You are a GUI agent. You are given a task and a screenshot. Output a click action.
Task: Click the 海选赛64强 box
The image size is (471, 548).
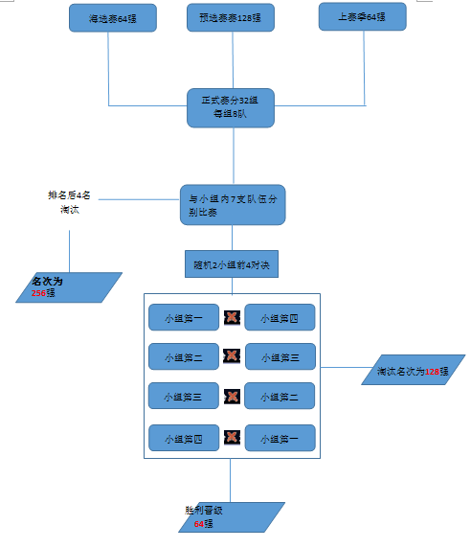coord(113,17)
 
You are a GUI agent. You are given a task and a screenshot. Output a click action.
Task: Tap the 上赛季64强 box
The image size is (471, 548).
coord(362,16)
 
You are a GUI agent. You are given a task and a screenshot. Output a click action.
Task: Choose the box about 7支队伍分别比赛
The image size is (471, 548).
coord(233,205)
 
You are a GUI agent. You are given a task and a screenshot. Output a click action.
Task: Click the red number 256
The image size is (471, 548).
coord(40,293)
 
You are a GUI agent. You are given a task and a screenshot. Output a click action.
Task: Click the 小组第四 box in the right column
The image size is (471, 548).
coord(280,317)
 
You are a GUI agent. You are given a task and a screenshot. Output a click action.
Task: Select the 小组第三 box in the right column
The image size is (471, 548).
coord(280,356)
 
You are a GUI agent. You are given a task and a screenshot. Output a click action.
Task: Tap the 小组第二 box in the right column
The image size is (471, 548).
coord(280,397)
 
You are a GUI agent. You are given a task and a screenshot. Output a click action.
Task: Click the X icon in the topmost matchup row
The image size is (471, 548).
coord(232,317)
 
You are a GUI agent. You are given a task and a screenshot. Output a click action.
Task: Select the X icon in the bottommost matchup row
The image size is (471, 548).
coord(232,438)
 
